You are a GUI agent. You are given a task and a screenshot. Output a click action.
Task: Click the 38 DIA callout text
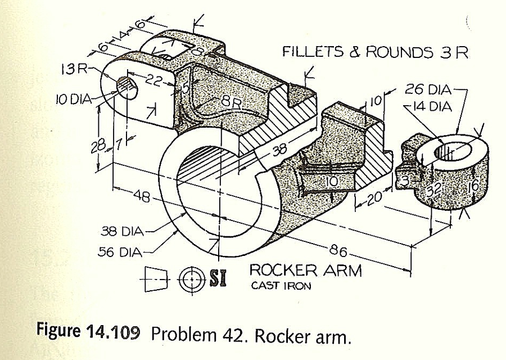click(121, 231)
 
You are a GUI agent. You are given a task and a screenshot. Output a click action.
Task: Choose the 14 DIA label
click(431, 106)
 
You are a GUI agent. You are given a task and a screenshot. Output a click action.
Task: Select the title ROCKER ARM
click(305, 271)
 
